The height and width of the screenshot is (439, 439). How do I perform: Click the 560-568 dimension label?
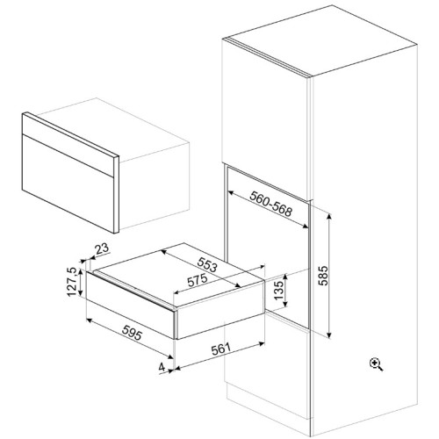pyautogui.click(x=270, y=205)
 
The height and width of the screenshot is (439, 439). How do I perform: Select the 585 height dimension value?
pyautogui.click(x=323, y=276)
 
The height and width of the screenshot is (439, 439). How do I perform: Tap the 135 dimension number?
pyautogui.click(x=279, y=290)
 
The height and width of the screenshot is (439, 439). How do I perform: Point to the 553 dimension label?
pyautogui.click(x=207, y=264)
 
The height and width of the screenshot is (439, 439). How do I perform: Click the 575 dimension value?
pyautogui.click(x=198, y=280)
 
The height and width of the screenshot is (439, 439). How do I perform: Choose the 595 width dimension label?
pyautogui.click(x=132, y=333)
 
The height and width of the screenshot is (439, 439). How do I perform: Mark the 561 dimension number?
pyautogui.click(x=221, y=349)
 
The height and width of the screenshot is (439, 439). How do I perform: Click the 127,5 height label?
pyautogui.click(x=72, y=282)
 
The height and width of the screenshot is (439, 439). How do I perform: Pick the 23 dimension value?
pyautogui.click(x=102, y=248)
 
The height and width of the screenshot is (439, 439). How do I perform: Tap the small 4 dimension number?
pyautogui.click(x=162, y=367)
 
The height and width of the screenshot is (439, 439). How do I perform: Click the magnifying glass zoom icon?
pyautogui.click(x=377, y=364)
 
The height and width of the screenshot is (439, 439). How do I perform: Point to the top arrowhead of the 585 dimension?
pyautogui.click(x=329, y=217)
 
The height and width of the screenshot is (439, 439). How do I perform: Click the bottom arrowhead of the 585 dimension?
pyautogui.click(x=329, y=335)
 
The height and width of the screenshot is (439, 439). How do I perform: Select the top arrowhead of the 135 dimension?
pyautogui.click(x=284, y=277)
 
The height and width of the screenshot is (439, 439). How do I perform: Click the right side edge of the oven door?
pyautogui.click(x=116, y=195)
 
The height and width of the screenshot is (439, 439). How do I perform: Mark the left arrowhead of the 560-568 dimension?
pyautogui.click(x=231, y=193)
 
